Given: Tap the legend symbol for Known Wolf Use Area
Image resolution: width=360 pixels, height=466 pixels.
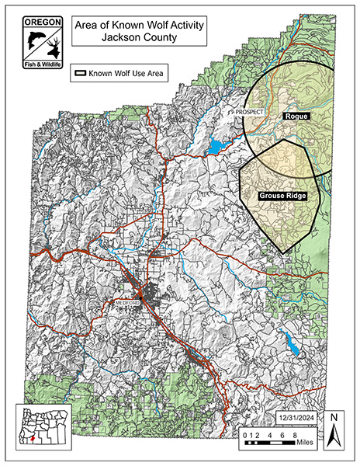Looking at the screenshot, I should [81, 75].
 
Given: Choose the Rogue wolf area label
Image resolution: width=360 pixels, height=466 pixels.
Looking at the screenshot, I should [296, 116].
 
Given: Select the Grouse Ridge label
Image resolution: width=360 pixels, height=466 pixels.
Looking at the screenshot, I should [279, 196].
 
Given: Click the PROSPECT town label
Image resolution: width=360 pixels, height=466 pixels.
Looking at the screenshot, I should [251, 113].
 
